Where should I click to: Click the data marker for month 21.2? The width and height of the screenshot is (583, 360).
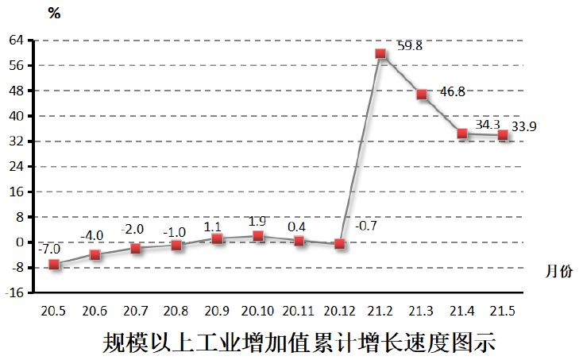380,53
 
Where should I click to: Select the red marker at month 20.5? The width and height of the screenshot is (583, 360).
54,264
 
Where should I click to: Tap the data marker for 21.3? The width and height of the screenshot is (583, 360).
422,95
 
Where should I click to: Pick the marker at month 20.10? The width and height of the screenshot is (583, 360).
258,236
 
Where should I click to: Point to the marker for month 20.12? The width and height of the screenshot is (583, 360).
340,244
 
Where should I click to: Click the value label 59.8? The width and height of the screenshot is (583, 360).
410,46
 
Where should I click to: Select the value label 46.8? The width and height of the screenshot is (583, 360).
452,92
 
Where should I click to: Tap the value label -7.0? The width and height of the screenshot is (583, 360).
50,249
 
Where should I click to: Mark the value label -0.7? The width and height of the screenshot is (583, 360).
365,226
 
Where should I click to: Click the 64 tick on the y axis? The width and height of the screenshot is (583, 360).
16,40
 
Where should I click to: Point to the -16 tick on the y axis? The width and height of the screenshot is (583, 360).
14,293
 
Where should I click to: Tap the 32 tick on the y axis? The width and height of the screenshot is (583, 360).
16,141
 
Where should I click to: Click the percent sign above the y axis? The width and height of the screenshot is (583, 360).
54,13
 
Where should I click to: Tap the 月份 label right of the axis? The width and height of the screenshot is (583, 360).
558,272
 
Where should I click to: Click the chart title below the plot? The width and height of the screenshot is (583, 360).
299,343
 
